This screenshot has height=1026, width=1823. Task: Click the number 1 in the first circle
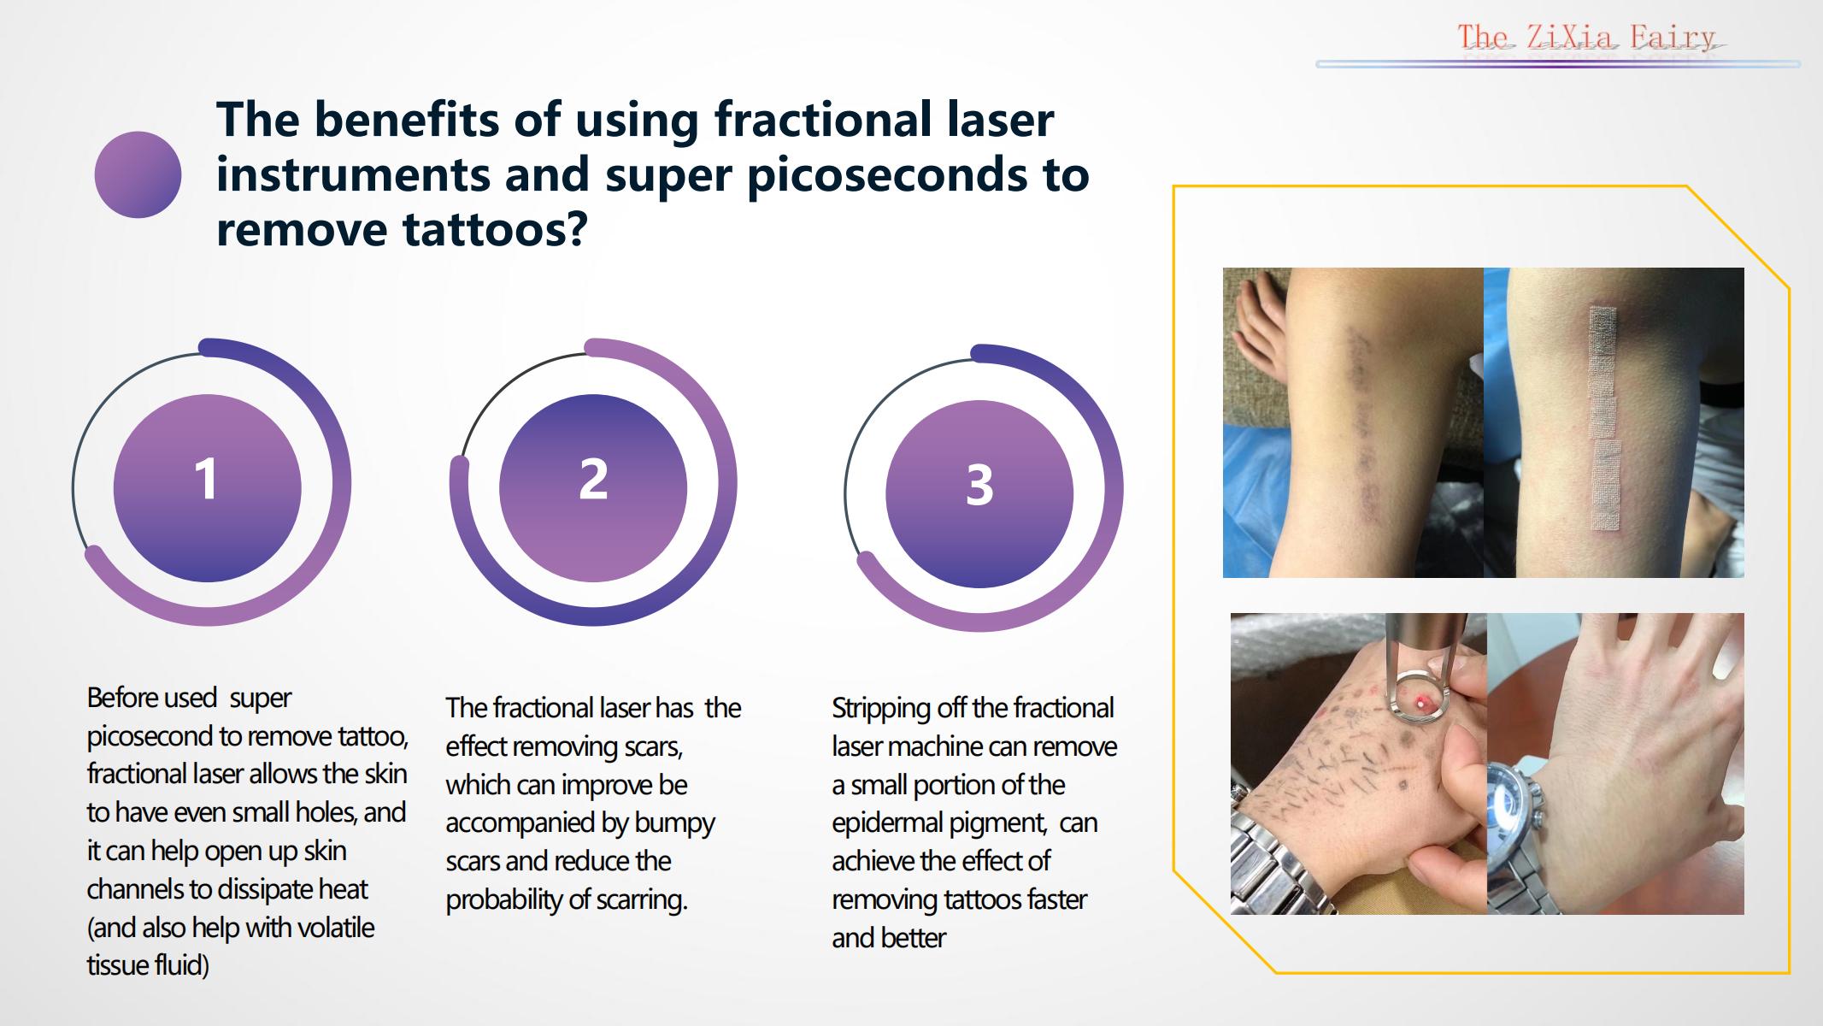point(206,479)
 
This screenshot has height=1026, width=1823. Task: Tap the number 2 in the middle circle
point(593,479)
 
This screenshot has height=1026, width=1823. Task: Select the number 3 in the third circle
point(979,485)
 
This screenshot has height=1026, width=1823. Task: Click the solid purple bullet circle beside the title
point(138,174)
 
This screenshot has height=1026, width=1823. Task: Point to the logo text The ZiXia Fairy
point(1586,38)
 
